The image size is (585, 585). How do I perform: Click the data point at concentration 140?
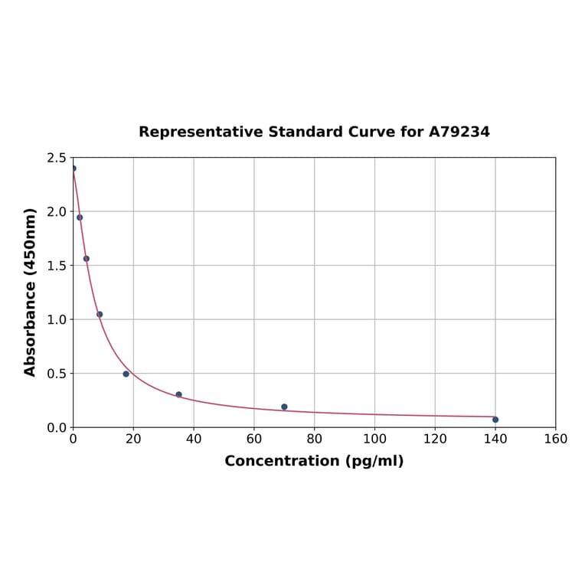point(495,420)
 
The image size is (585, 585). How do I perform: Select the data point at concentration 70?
point(284,407)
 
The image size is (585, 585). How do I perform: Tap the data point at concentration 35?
point(178,394)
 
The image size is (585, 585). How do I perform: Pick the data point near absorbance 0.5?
point(126,374)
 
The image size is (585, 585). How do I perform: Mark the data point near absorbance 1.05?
point(100,314)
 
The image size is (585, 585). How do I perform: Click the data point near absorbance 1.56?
point(87,259)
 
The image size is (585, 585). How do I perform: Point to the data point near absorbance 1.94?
point(80,217)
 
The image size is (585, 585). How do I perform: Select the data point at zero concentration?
point(74,168)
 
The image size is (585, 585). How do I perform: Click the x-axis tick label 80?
point(314,439)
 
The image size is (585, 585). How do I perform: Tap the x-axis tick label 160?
point(555,439)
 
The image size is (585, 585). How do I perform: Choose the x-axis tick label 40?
point(194,439)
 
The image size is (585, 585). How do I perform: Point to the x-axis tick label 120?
point(435,439)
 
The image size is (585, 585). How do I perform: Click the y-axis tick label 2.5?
point(56,158)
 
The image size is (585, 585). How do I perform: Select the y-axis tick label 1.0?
point(56,319)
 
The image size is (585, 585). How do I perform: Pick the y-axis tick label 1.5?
point(56,266)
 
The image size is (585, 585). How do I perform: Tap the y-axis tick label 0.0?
point(56,427)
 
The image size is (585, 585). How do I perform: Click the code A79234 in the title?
point(459,132)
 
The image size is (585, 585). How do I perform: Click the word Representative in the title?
point(201,132)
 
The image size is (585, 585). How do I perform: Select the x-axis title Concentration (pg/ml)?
point(314,461)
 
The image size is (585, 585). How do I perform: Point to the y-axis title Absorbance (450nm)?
point(31,292)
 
